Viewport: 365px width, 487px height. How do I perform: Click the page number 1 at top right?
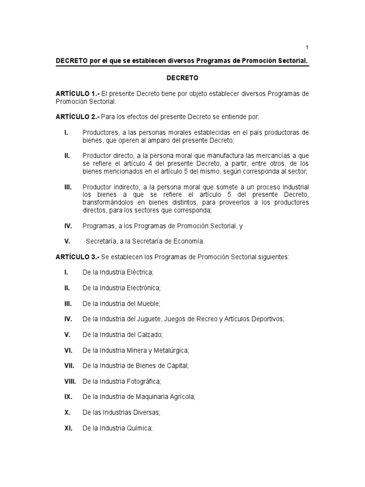pyautogui.click(x=307, y=47)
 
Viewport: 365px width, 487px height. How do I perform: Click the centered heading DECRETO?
pyautogui.click(x=182, y=77)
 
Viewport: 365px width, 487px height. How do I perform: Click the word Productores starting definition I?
pyautogui.click(x=98, y=132)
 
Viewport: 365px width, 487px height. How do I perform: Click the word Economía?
pyautogui.click(x=188, y=241)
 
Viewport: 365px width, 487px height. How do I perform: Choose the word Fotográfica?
pyautogui.click(x=143, y=381)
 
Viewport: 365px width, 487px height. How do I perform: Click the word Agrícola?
pyautogui.click(x=181, y=397)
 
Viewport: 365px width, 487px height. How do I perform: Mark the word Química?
pyautogui.click(x=138, y=428)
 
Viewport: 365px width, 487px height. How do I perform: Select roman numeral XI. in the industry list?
pyautogui.click(x=68, y=428)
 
